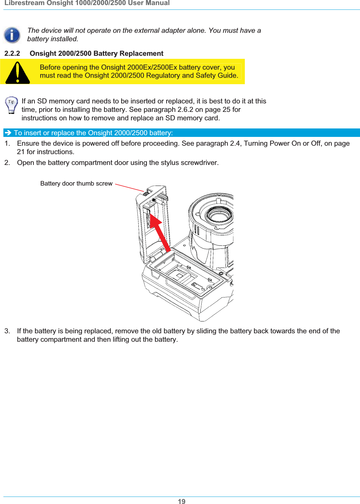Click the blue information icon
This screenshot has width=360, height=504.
pos(12,35)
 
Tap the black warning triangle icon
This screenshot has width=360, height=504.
pos(18,73)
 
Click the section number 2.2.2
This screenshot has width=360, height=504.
pos(12,53)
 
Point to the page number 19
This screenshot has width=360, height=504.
pos(181,501)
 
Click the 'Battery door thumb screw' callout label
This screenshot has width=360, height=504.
pos(76,184)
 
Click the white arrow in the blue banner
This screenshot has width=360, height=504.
pos(8,133)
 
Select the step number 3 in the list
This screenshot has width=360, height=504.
pos(7,331)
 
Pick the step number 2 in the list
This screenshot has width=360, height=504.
pos(7,163)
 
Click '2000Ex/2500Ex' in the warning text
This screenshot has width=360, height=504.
pos(152,67)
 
